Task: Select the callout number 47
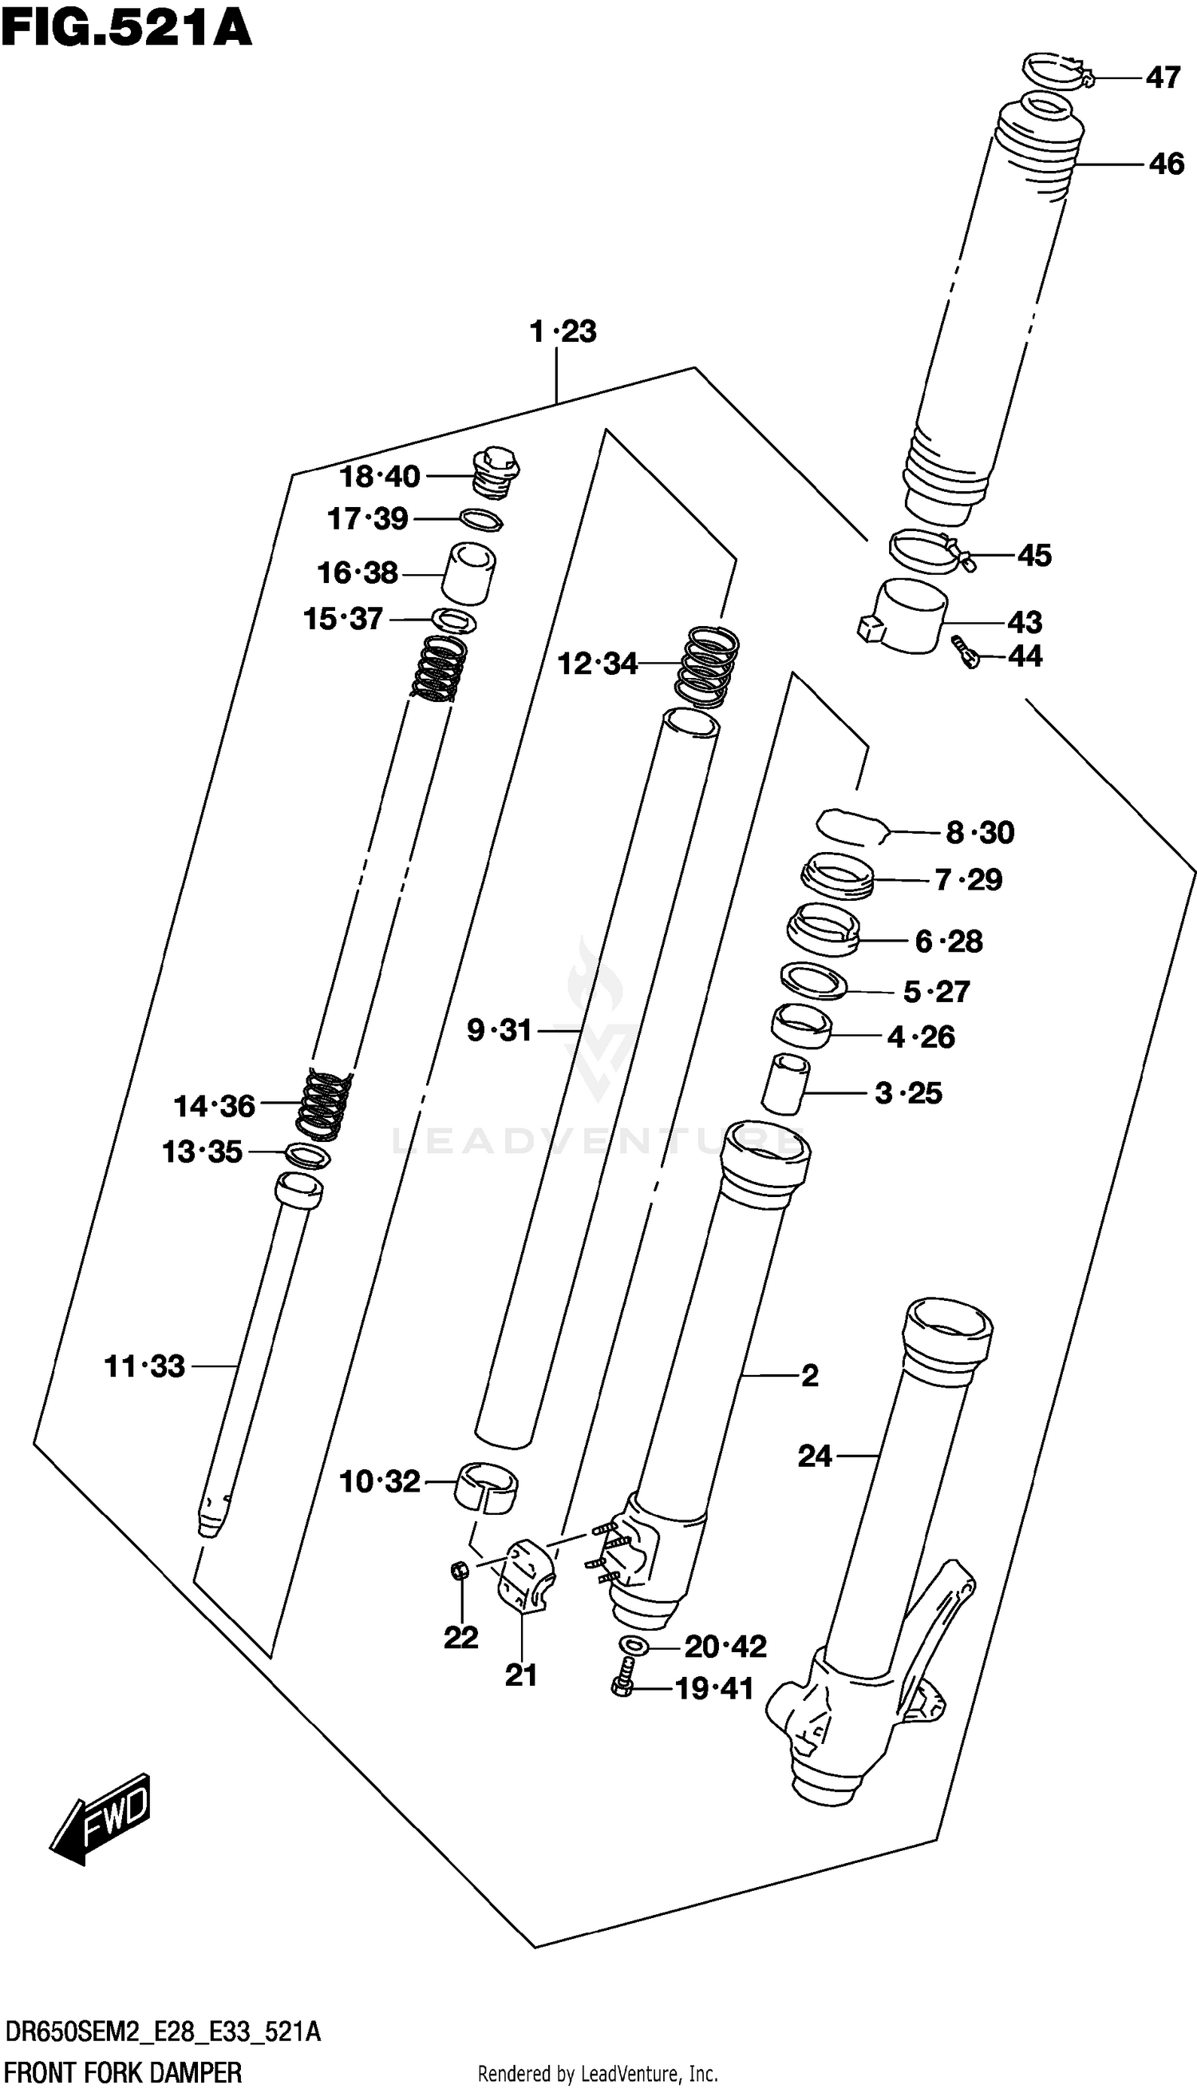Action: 1163,78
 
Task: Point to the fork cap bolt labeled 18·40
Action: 496,474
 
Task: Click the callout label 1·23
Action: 563,332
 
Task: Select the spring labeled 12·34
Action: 707,666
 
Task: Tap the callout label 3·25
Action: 907,1093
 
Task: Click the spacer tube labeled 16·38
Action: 469,573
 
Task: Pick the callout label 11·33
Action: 144,1367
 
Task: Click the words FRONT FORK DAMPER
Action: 124,2071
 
